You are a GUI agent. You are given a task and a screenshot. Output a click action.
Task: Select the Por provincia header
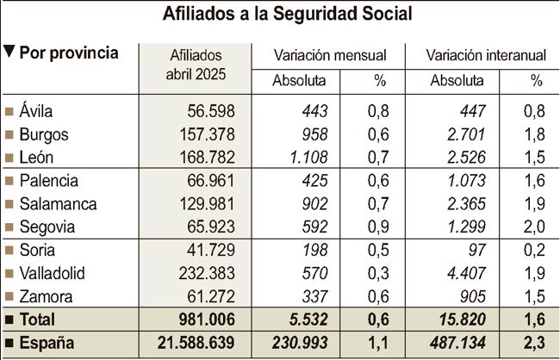pyautogui.click(x=68, y=53)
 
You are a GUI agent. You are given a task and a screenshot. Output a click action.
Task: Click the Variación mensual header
pyautogui.click(x=329, y=55)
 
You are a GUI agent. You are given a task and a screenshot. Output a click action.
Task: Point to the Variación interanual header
pyautogui.click(x=486, y=55)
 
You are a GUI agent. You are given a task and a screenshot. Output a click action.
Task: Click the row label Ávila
pyautogui.click(x=39, y=111)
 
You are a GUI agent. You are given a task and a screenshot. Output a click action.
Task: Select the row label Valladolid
pyautogui.click(x=53, y=273)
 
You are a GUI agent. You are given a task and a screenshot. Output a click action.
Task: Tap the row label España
pyautogui.click(x=47, y=343)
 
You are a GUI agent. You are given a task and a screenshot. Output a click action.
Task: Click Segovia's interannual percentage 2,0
pyautogui.click(x=536, y=227)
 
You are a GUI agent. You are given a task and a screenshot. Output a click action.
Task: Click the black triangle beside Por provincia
pyautogui.click(x=9, y=53)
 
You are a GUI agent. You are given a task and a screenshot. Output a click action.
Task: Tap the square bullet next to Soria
pyautogui.click(x=9, y=251)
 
